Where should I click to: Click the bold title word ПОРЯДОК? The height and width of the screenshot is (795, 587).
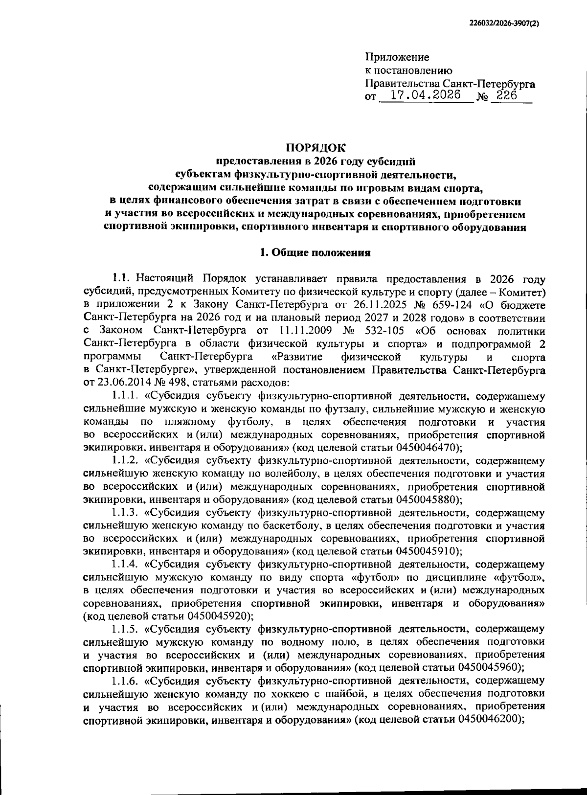coord(315,147)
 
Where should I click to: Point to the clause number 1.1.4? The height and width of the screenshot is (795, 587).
coord(125,565)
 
